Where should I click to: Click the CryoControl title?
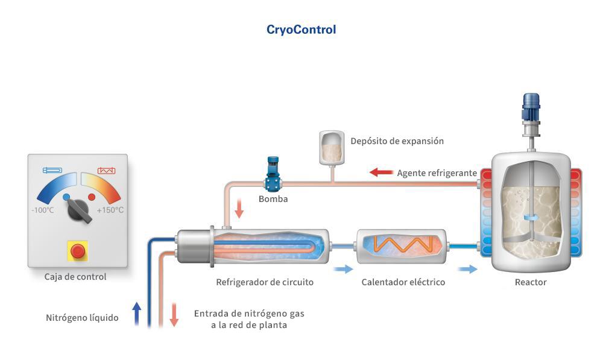pyautogui.click(x=301, y=30)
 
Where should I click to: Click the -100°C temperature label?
pyautogui.click(x=43, y=210)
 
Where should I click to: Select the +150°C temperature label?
pyautogui.click(x=110, y=210)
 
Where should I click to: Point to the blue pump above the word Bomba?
pyautogui.click(x=273, y=175)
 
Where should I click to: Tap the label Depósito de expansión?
pyautogui.click(x=397, y=141)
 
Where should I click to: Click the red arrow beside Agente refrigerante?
pyautogui.click(x=380, y=173)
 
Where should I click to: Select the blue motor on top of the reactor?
pyautogui.click(x=531, y=107)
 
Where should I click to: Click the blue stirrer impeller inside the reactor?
pyautogui.click(x=531, y=217)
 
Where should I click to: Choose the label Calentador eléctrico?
pyautogui.click(x=403, y=282)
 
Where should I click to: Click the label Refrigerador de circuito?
pyautogui.click(x=265, y=282)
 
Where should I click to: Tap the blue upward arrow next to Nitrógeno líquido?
pyautogui.click(x=136, y=314)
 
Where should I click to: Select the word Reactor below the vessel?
pyautogui.click(x=531, y=282)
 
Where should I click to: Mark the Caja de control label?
pyautogui.click(x=75, y=277)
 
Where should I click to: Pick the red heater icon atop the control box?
pyautogui.click(x=106, y=171)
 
